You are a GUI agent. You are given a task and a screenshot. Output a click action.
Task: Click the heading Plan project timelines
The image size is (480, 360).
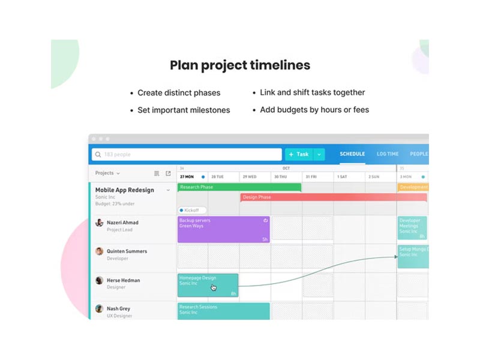pos(239,65)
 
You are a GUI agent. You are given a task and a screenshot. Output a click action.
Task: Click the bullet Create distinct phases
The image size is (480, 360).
pos(179,93)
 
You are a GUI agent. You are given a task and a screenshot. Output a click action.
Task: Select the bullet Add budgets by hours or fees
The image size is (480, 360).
pos(314,110)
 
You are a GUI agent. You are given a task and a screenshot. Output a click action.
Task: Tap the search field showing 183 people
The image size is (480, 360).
pos(187,154)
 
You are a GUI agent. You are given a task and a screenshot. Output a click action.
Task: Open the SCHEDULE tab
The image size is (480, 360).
pos(352,154)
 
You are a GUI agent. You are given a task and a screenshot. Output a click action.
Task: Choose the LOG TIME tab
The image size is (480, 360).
pos(388,154)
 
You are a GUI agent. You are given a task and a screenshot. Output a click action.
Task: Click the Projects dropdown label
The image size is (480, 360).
pos(107,173)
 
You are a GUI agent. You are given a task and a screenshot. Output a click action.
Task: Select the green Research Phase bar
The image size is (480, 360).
pos(239,187)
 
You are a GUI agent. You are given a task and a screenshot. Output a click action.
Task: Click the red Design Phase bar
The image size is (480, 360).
pos(333,197)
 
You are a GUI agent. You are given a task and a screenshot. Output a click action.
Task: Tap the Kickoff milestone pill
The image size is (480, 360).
pos(192,211)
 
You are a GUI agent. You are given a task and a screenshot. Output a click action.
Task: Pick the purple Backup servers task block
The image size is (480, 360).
pos(223,229)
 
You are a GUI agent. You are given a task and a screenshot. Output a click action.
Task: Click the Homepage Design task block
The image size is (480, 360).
pos(208,285)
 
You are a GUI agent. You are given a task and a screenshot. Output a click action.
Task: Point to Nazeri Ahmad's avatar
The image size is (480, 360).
pos(99,223)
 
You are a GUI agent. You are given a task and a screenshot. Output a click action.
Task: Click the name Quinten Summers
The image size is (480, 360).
pos(127,251)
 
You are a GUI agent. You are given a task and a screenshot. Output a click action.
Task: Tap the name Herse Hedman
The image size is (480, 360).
pos(123,280)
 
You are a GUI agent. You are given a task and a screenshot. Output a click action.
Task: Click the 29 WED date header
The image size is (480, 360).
pos(249,177)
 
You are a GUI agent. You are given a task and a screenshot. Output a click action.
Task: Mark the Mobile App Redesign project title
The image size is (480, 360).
pos(125,190)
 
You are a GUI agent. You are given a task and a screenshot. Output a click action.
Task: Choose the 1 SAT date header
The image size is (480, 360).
pos(342,177)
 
